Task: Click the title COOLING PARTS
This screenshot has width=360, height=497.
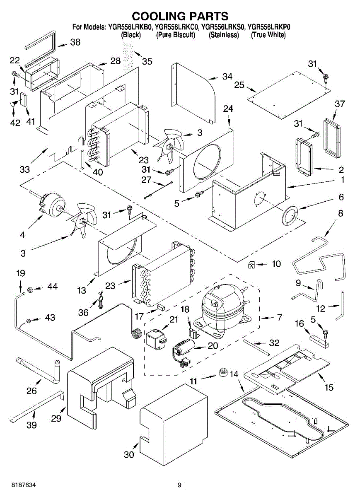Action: (x=180, y=16)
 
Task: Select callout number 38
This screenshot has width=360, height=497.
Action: (x=75, y=42)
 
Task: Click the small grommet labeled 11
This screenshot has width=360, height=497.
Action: (x=224, y=372)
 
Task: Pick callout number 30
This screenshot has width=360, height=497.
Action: (x=129, y=454)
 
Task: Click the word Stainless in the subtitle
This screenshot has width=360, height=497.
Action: (x=224, y=35)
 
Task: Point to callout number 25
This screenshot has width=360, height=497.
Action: (x=239, y=85)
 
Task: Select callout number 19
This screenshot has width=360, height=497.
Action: (x=20, y=273)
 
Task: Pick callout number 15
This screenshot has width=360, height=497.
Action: (x=329, y=388)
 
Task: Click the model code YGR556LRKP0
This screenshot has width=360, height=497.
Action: (x=268, y=27)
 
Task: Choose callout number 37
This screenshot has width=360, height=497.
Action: (x=340, y=104)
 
